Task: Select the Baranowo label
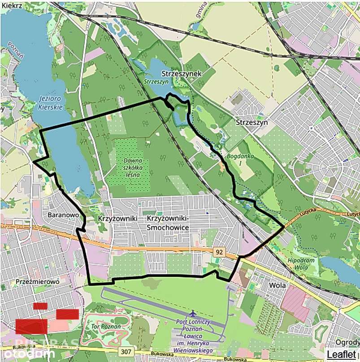pos(63,215)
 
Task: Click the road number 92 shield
pos(218,252)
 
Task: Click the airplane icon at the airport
pos(193,312)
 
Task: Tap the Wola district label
pos(278,284)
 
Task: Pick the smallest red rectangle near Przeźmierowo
pos(40,306)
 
